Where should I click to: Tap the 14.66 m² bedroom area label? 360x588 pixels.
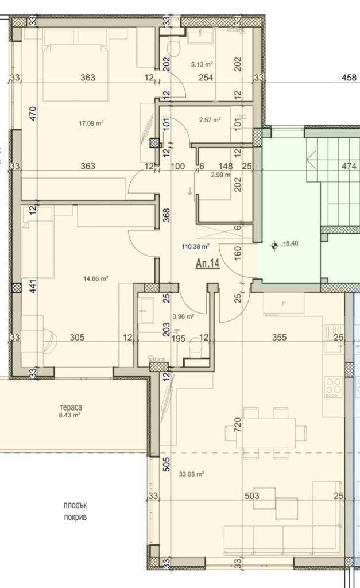[x=96, y=279]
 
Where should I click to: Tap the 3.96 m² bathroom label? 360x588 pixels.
[x=184, y=315]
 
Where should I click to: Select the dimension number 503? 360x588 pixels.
[x=252, y=496]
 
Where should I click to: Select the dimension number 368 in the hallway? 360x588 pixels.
[x=167, y=214]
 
